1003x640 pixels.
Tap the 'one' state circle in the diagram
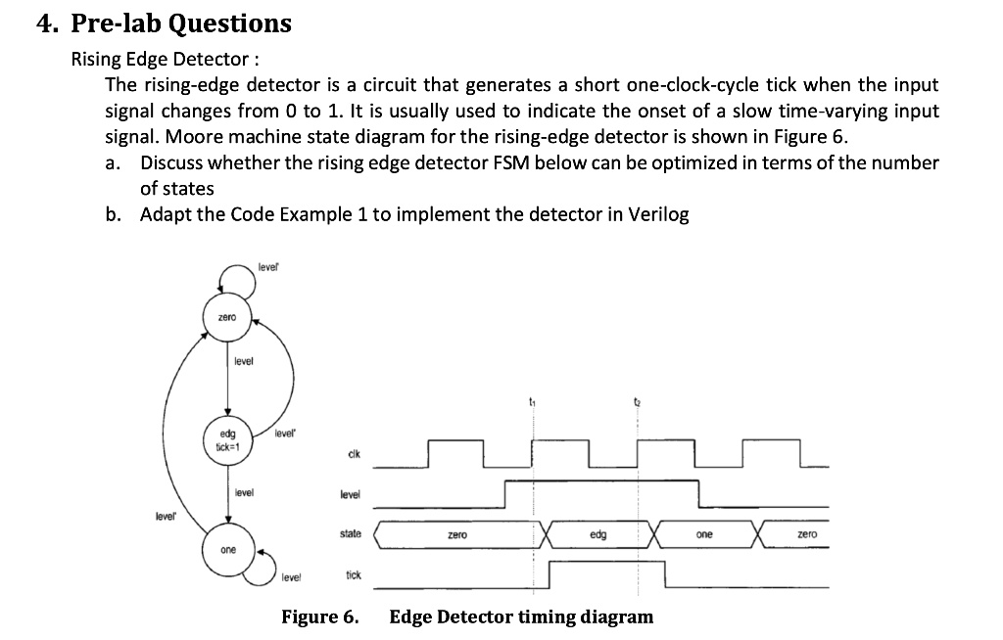[x=227, y=550]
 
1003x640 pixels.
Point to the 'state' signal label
[x=351, y=533]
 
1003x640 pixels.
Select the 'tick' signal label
[x=353, y=574]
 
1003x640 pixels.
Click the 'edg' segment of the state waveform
[x=597, y=536]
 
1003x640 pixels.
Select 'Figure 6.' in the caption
[x=319, y=617]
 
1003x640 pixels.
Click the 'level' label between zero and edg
[x=243, y=363]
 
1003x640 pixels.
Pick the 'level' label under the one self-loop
[x=291, y=578]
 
